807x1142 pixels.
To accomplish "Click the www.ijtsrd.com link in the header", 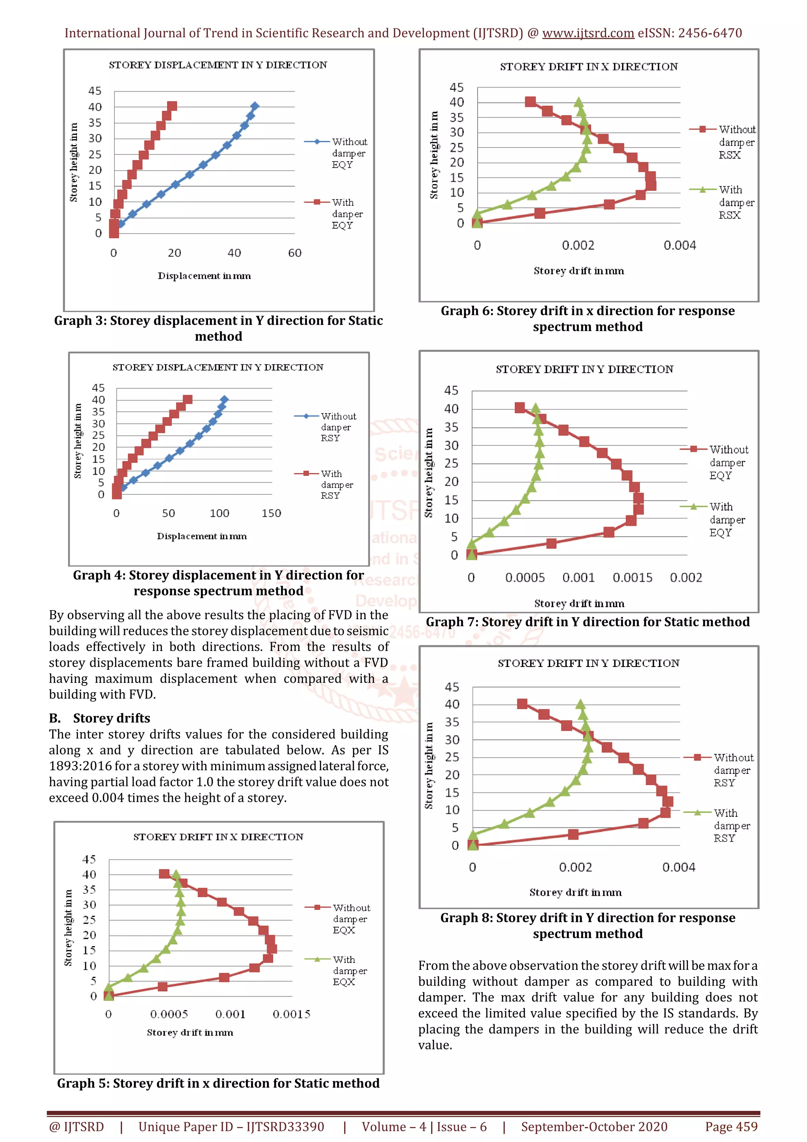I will pos(588,34).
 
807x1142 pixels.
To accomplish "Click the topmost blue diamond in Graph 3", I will pos(255,106).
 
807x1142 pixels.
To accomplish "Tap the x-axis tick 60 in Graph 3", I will pos(295,253).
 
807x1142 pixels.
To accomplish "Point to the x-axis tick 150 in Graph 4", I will pos(271,513).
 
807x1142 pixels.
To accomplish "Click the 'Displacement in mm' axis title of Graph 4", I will pos(202,536).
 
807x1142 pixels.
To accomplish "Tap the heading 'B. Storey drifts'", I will pos(99,718).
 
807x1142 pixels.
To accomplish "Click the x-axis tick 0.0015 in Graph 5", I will pos(291,1014).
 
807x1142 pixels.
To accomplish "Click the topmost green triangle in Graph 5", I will pos(175,874).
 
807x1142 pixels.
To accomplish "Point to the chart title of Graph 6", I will pos(589,67).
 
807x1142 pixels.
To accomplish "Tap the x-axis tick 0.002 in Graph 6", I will pos(578,246).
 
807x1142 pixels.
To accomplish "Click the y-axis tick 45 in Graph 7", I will pos(451,390).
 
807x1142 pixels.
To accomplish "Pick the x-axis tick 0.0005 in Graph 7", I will pos(525,578).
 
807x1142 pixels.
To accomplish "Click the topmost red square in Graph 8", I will pos(522,704).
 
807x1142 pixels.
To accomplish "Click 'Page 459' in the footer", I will pos(731,1127).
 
